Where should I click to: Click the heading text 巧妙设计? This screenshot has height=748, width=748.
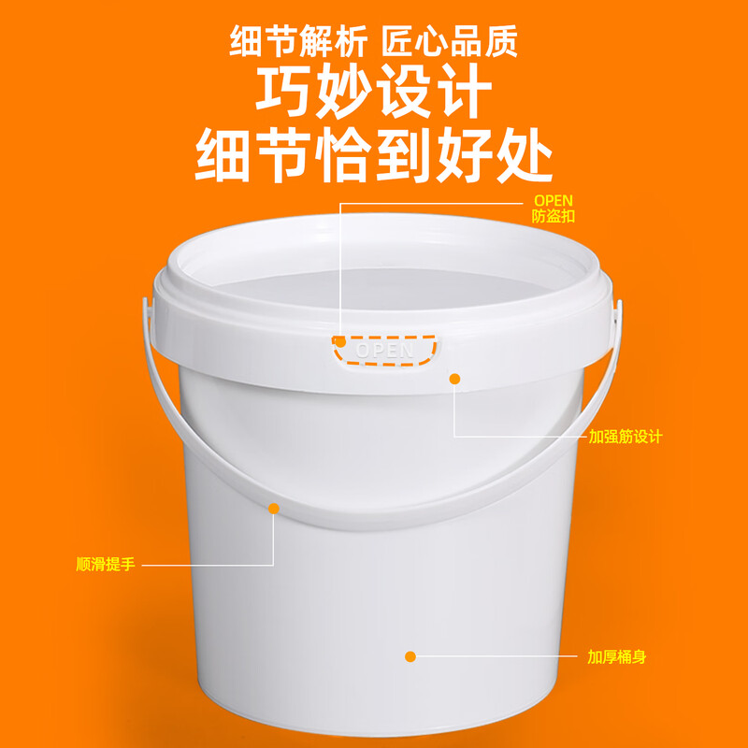coord(373,93)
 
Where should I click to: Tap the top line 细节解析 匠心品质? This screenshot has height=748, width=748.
coord(373,42)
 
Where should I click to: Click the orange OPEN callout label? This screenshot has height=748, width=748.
coord(553,200)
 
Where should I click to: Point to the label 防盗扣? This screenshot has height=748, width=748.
coord(553,216)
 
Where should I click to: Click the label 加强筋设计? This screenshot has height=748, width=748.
coord(625,437)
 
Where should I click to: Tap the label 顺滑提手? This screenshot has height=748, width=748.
coord(106,565)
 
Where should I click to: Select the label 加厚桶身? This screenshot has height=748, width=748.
coord(617,657)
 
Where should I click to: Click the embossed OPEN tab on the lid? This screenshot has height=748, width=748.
coord(384,351)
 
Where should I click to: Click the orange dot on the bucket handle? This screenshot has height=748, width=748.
coord(274,509)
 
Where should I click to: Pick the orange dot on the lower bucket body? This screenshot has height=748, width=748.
coord(410,656)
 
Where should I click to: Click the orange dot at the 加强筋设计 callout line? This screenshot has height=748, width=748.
coord(455,379)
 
